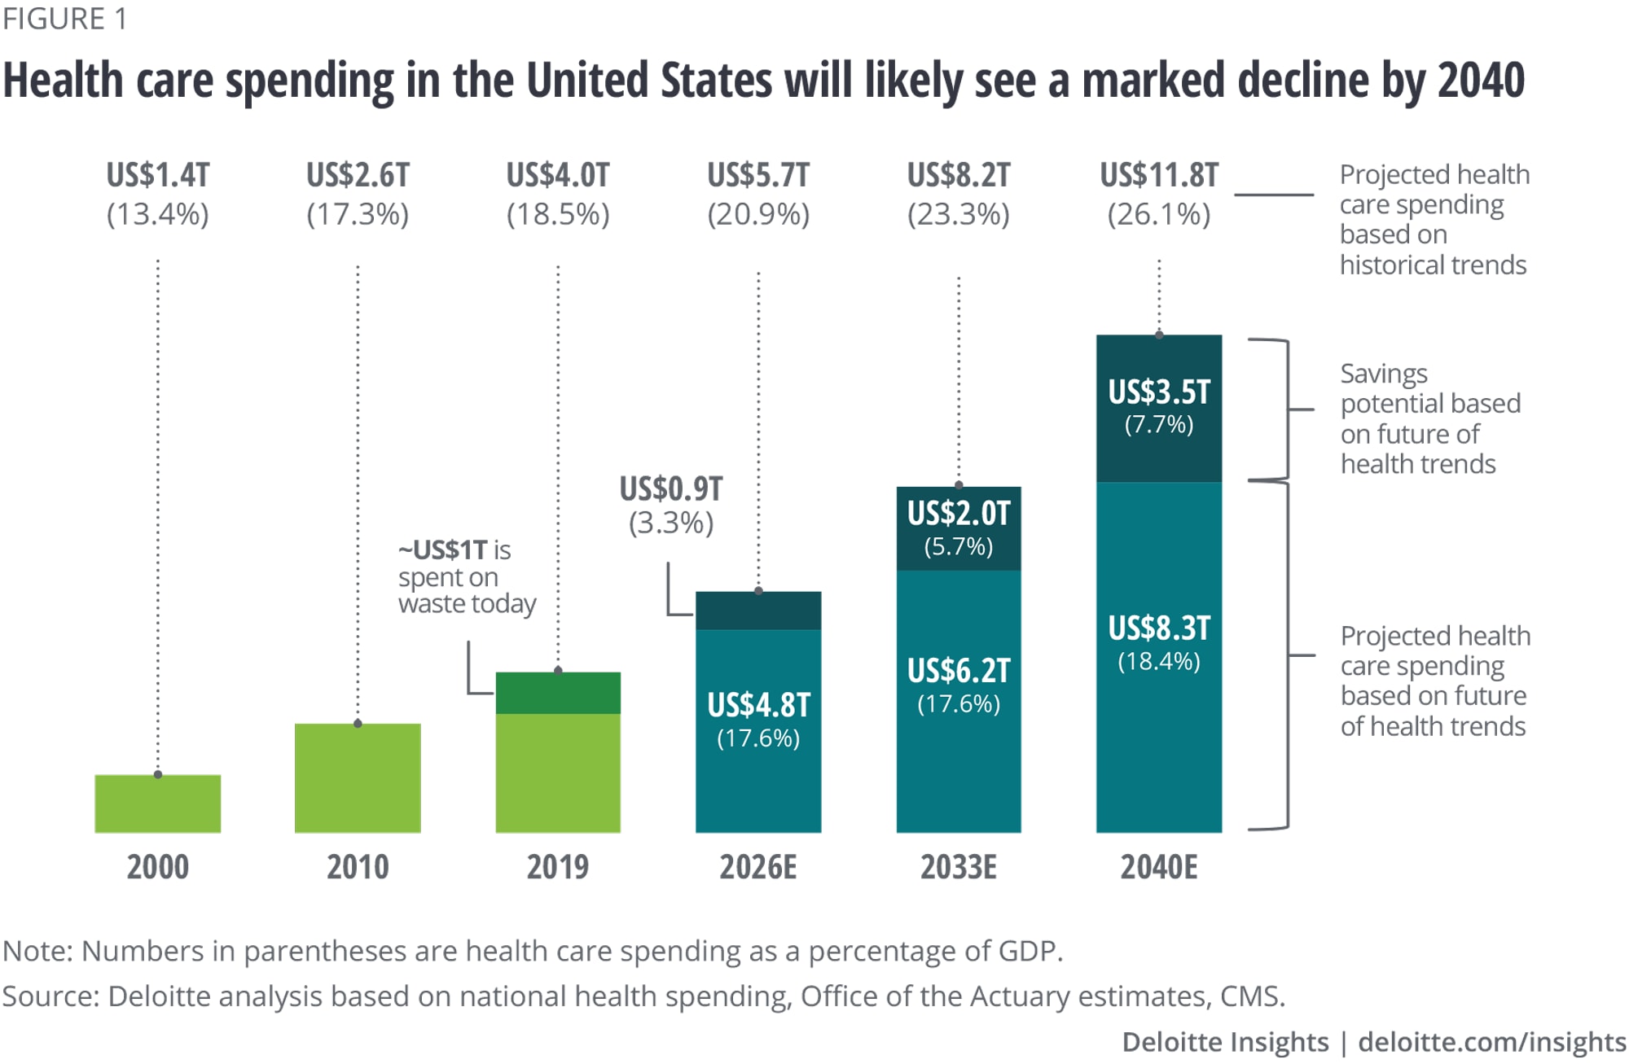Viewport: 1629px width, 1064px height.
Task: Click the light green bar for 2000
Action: (157, 803)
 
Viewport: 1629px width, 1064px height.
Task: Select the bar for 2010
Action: (358, 777)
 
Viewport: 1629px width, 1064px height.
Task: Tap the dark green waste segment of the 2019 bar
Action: (558, 693)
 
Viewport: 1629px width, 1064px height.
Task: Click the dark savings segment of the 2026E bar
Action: (758, 611)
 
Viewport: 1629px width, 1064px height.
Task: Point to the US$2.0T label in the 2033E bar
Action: (959, 514)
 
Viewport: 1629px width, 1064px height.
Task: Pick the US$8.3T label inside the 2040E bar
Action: (1159, 628)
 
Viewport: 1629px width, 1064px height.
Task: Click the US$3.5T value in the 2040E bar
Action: (1159, 392)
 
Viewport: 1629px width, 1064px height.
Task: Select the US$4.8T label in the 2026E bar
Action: (758, 705)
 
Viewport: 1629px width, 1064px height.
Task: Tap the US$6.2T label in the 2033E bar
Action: (959, 671)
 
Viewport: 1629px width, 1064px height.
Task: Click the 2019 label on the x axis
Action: (558, 867)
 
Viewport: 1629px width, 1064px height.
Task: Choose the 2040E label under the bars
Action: (1159, 867)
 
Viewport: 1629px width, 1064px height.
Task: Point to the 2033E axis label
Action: (959, 867)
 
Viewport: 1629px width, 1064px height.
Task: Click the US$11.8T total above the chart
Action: (1159, 175)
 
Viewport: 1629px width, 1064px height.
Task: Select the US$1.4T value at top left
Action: (157, 175)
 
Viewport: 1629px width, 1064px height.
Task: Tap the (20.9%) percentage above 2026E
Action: (758, 215)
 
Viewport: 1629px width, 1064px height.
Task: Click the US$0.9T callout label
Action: (671, 489)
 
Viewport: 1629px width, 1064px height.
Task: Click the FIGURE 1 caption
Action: (65, 19)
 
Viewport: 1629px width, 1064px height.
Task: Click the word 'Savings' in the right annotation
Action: (1384, 374)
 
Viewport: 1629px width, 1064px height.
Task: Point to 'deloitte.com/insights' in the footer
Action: (1492, 1042)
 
